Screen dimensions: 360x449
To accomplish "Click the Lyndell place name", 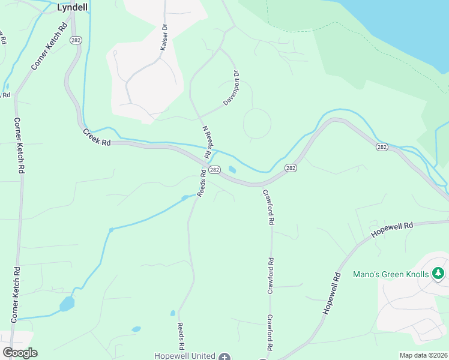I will click(x=72, y=8).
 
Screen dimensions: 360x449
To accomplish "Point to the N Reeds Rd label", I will click(x=207, y=142).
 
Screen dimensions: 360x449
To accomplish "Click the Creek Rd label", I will click(x=97, y=137).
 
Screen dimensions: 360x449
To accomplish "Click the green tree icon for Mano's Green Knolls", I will click(x=439, y=274).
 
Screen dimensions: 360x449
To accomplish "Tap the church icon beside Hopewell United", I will click(x=224, y=356).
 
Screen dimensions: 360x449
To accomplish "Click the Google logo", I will click(x=20, y=353).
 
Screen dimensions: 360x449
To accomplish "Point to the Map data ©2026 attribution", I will click(x=424, y=355).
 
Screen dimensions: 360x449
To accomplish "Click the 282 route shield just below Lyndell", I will click(x=76, y=40).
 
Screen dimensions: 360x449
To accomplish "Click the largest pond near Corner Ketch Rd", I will click(x=67, y=304).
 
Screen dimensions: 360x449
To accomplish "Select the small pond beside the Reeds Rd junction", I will click(x=232, y=170).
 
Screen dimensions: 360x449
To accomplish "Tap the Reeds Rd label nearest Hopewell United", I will click(x=180, y=336).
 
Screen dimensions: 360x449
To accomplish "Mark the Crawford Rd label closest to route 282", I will click(x=269, y=207).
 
